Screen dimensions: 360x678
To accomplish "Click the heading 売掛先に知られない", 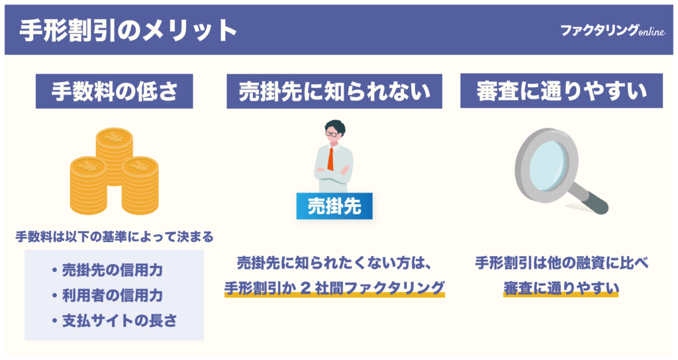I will click(334, 92).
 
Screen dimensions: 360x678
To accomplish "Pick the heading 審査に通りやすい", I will click(561, 92).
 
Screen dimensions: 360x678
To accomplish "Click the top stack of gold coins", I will click(114, 147).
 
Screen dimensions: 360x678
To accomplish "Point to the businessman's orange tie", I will click(330, 159).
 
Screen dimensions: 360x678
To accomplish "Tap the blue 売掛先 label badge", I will click(334, 206).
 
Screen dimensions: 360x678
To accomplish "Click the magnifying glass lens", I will click(544, 155).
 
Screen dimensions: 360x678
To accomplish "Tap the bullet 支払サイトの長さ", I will click(114, 320).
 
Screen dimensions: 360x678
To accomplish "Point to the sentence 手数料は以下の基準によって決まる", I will click(114, 236).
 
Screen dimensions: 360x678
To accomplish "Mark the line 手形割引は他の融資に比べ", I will click(561, 263).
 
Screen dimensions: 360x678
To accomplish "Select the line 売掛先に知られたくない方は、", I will click(334, 263).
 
